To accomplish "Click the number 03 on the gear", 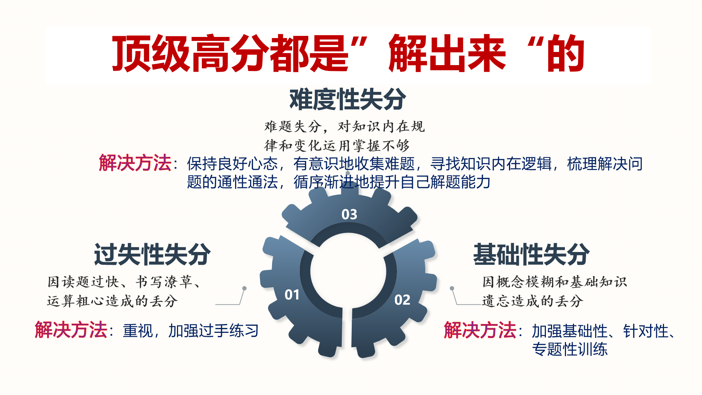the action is pos(349,214).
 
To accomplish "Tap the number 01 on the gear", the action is pos(292,295).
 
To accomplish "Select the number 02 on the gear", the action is pos(402,300).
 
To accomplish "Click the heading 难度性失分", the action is pos(348,99).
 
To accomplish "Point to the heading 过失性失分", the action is pos(152,254).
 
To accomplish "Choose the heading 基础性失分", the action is pos(532,254).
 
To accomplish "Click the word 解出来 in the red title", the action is pos(447,54).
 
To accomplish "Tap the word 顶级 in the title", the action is pos(150,54).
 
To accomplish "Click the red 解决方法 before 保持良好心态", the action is pos(135,163).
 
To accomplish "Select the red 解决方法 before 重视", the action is pos(71,330).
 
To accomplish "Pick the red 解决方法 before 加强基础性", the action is pos(480,330).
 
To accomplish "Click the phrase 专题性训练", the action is pos(570,349).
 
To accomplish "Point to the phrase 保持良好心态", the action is pos(233,164).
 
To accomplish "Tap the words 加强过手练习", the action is pos(214,331).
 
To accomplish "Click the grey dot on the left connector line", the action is pos(244,288).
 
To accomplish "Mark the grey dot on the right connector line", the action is pos(452,288).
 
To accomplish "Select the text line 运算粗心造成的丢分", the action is pos(112,301).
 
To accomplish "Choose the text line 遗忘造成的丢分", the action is pos(532,301).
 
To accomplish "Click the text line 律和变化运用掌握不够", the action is pos(337,146).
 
